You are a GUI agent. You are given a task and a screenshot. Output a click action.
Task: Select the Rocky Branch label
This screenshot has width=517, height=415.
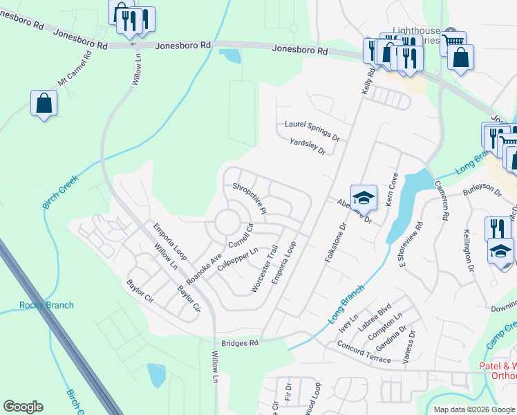[46, 305]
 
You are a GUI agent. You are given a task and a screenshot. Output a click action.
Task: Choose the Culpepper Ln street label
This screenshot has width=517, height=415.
[238, 259]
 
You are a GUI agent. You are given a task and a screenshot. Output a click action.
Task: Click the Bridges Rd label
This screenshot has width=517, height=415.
[240, 343]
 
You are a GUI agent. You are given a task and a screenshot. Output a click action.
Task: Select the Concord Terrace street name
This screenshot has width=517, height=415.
[364, 351]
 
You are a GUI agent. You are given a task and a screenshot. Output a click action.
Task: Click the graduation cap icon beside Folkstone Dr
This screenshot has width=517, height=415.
[364, 197]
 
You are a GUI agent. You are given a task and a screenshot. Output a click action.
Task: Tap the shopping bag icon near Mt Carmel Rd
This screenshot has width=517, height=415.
[44, 103]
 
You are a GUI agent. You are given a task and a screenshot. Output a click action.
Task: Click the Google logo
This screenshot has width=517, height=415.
[23, 407]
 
